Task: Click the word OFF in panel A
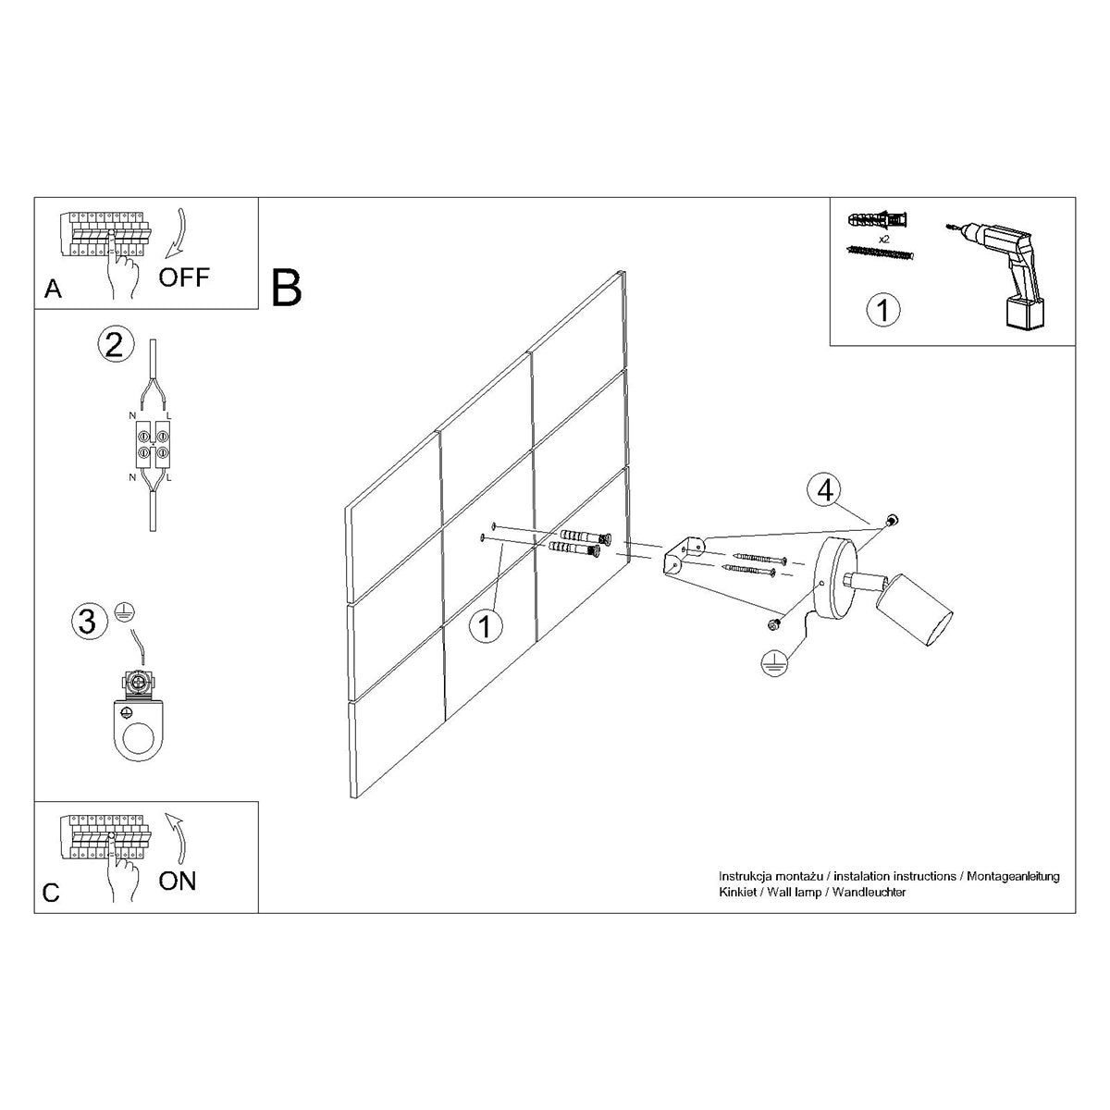pos(184,276)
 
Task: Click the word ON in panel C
pos(177,880)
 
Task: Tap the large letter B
pos(287,288)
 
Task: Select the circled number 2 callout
pos(114,345)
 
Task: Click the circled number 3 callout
pos(87,621)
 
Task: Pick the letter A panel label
pos(53,290)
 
